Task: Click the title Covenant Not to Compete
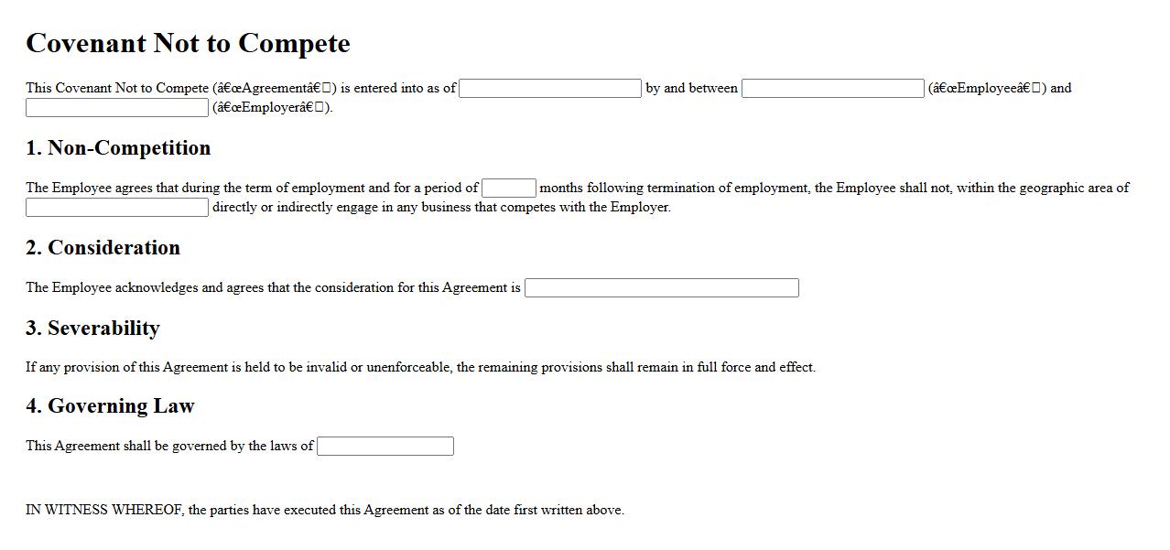tap(188, 43)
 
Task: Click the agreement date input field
tap(549, 89)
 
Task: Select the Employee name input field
tap(832, 89)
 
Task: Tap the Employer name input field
tap(117, 108)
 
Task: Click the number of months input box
tap(508, 189)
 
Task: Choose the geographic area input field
tap(117, 208)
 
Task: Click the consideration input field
tap(661, 288)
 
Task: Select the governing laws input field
tap(385, 447)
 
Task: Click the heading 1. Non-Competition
tap(118, 148)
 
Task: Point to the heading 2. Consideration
tap(103, 248)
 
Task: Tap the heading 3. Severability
tap(92, 329)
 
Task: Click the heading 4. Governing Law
tap(110, 406)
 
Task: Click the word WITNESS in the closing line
tap(76, 511)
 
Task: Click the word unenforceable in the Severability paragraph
tap(408, 368)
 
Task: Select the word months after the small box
tap(561, 189)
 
